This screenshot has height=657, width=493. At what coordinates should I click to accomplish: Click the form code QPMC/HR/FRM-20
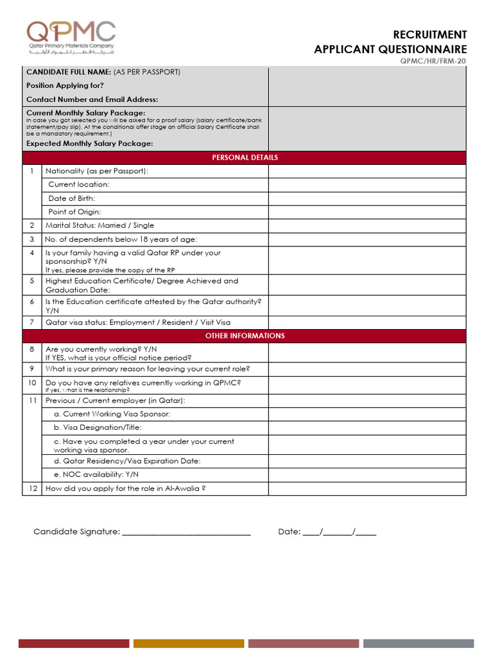pos(433,61)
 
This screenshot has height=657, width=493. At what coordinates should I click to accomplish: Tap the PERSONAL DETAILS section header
pos(245,158)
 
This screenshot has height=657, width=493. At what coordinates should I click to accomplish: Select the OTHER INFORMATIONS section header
pos(245,336)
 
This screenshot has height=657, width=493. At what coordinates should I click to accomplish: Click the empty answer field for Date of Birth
pos(367,198)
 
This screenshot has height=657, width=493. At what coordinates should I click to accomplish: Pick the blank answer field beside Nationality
pos(367,171)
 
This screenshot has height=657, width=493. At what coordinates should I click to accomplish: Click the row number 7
pos(31,322)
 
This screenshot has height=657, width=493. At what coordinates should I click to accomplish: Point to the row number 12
pos(31,489)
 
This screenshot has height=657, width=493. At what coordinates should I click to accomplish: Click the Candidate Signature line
pos(186,533)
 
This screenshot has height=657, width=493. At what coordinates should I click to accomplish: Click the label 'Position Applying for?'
pos(65,85)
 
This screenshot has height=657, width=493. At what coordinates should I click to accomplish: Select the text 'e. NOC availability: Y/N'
pos(96,475)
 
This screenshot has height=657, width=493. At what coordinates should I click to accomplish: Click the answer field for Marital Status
pos(367,225)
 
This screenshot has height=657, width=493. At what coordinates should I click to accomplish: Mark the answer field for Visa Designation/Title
pos(367,427)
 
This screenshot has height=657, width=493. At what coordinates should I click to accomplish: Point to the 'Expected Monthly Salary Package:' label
pos(89,144)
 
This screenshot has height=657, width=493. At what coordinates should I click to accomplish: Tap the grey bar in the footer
pos(418,644)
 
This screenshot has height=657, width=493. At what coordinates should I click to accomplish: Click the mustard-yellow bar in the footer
pos(188,644)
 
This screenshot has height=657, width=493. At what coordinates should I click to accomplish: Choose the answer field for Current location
pos(367,185)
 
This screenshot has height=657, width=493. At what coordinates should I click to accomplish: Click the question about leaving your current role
pos(148,369)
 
